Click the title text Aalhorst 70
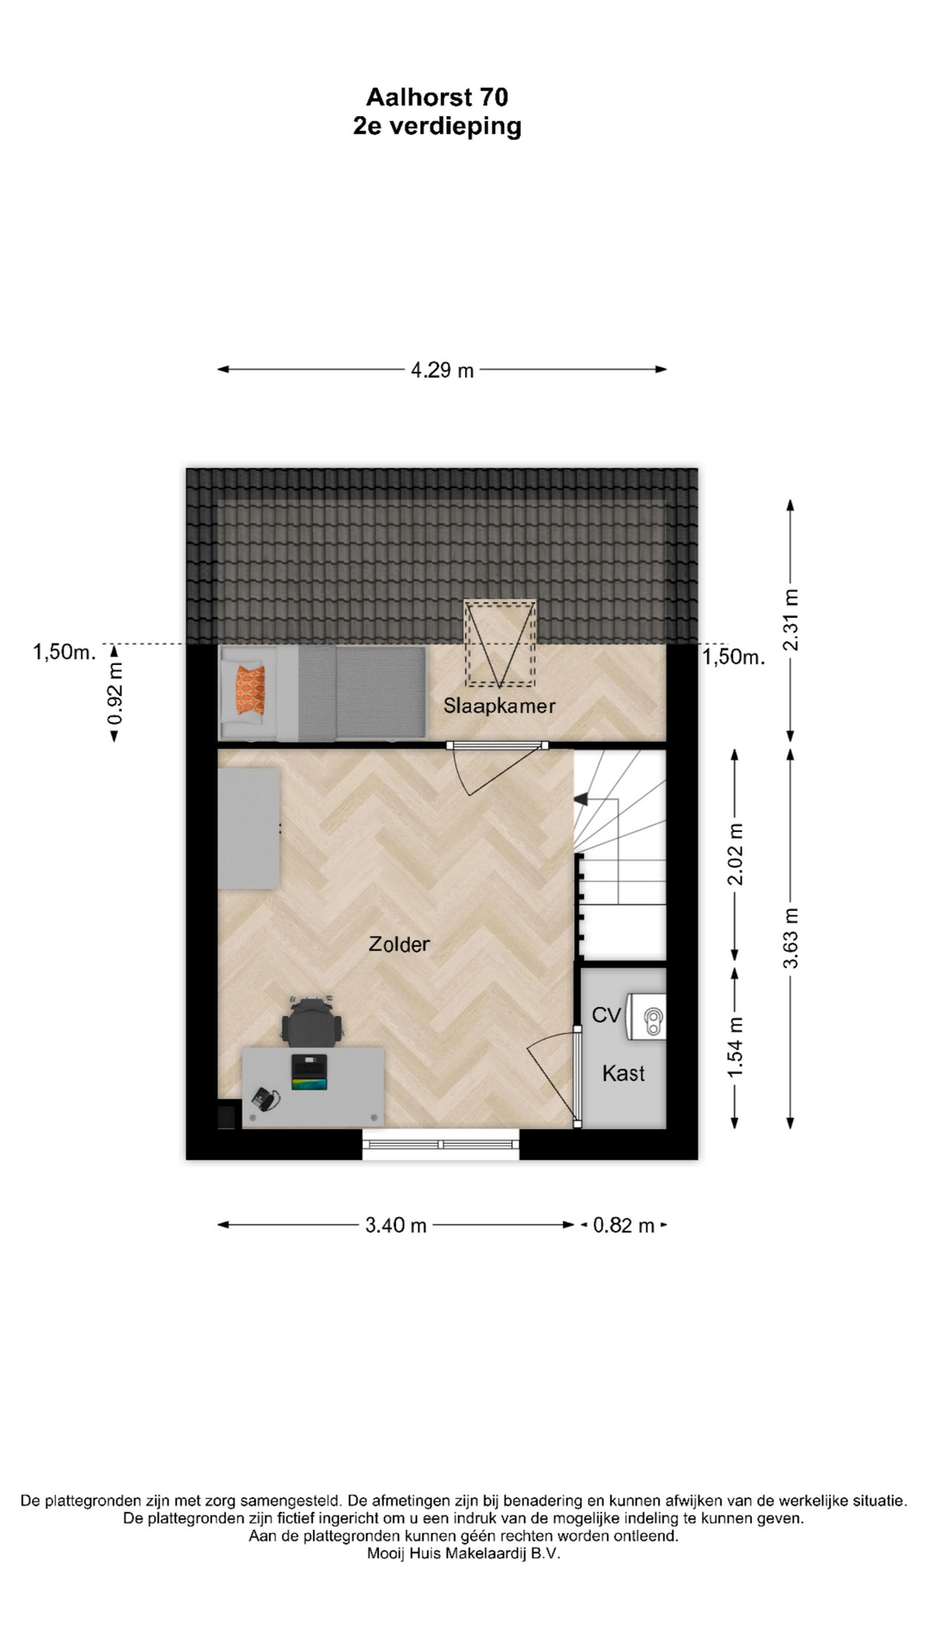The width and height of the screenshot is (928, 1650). [437, 96]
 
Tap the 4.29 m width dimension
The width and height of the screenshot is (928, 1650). [442, 370]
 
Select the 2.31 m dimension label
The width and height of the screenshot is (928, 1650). [791, 620]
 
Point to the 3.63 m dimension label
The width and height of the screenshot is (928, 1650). [791, 938]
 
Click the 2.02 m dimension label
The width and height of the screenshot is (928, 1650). [736, 854]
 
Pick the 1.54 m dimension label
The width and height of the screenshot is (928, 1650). [736, 1048]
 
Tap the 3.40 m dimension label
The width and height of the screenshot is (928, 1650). [396, 1225]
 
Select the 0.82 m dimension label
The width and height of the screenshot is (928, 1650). [624, 1225]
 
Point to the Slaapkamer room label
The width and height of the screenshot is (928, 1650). [499, 706]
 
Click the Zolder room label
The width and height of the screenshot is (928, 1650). [399, 944]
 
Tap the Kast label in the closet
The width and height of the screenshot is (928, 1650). [623, 1073]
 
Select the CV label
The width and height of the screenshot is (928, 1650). [606, 1015]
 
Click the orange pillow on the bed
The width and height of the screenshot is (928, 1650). [251, 689]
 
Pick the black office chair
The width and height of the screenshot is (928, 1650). [312, 1021]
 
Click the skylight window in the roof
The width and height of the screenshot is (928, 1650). [500, 644]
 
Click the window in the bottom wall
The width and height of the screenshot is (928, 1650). [441, 1144]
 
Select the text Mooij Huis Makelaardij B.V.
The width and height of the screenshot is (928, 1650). [463, 1554]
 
